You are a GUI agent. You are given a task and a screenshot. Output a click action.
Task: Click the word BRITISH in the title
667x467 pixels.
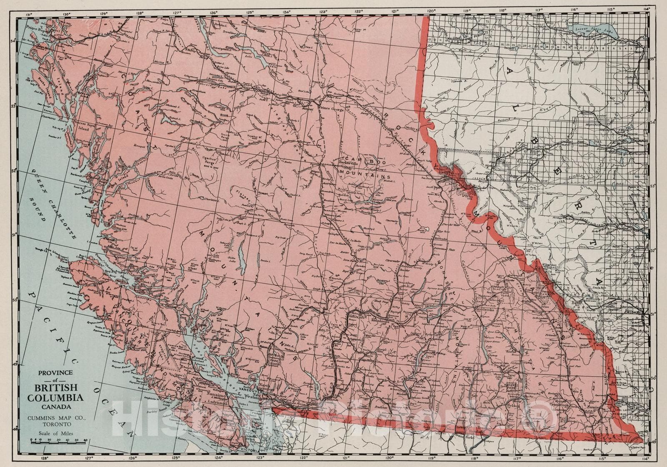coord(55,388)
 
